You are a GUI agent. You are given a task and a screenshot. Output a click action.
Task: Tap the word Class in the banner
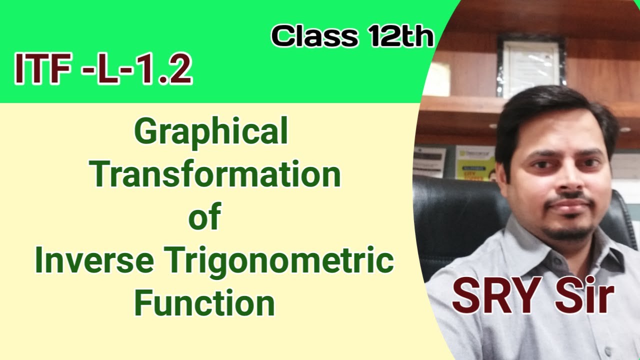click(313, 36)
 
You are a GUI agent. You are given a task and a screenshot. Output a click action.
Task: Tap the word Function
click(204, 303)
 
